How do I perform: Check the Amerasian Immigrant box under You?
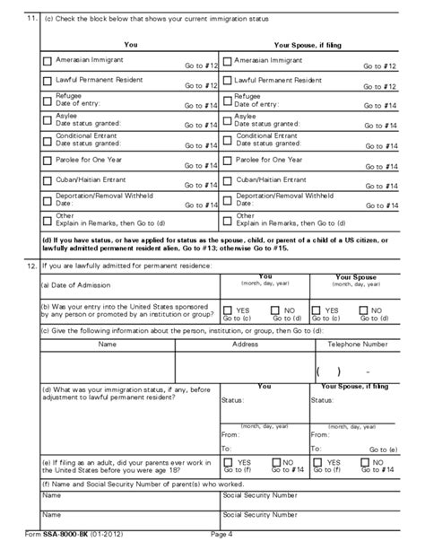[x=47, y=62]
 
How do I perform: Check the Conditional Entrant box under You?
[x=47, y=140]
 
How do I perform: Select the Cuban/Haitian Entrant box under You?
[x=47, y=180]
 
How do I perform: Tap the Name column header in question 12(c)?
[x=107, y=344]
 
